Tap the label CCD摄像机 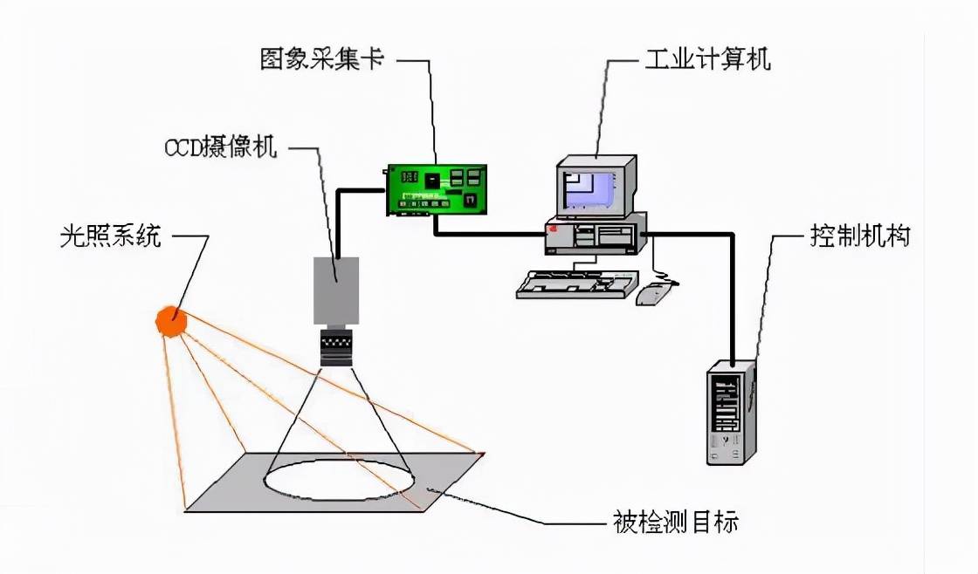click(x=221, y=147)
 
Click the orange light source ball click(x=171, y=320)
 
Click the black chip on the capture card click(x=434, y=179)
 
